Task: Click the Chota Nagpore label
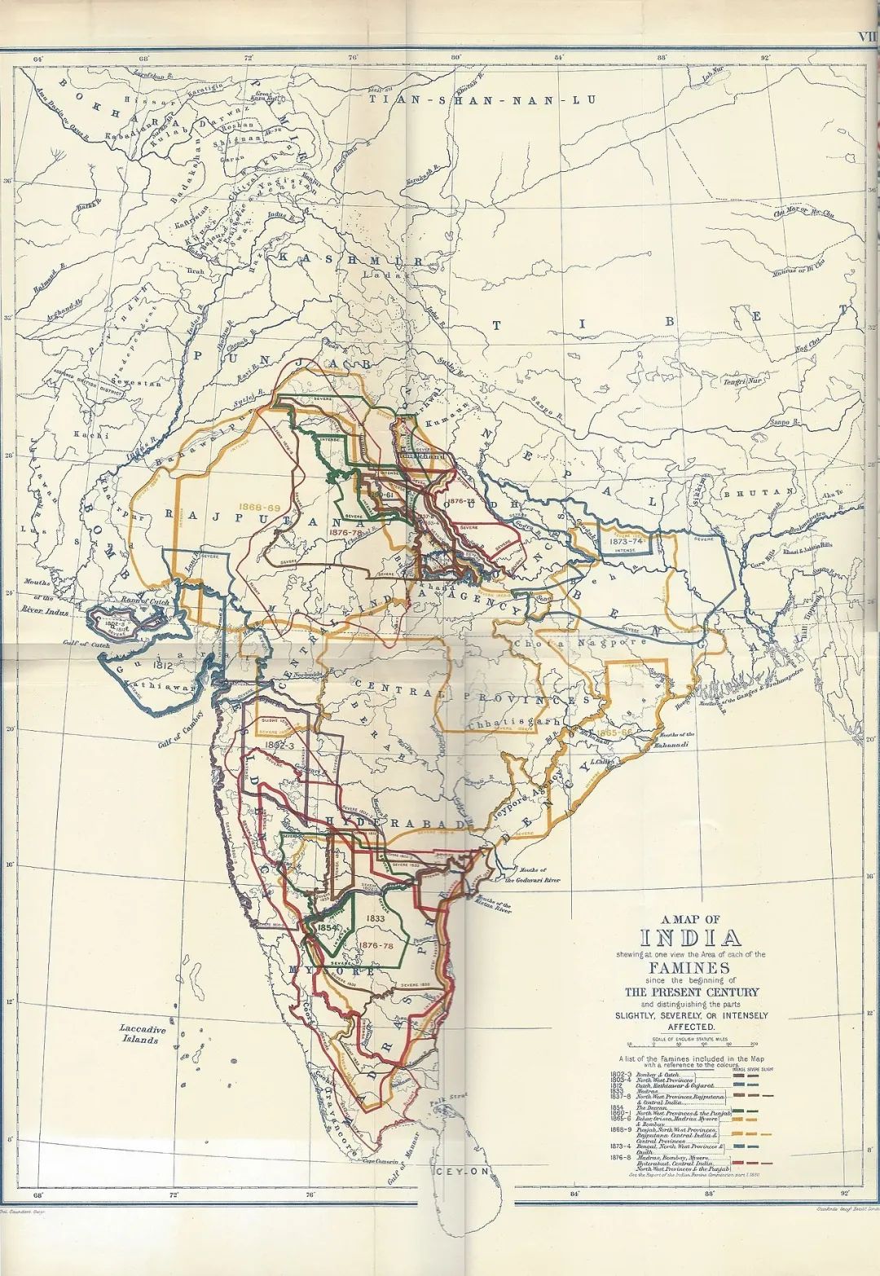579,642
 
